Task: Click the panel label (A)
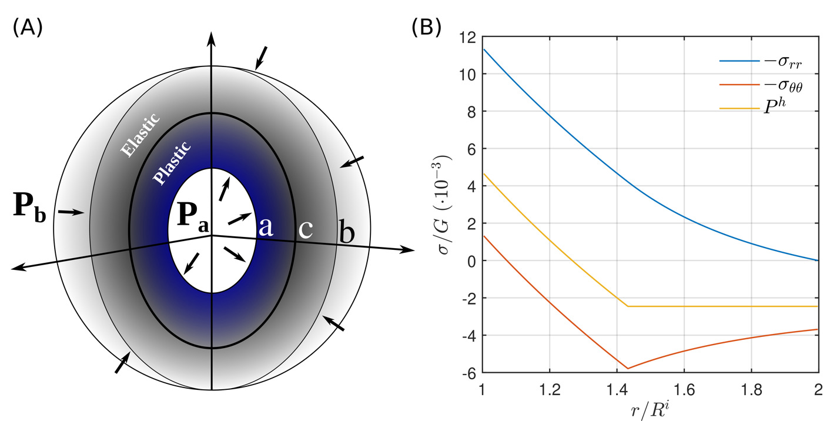(27, 28)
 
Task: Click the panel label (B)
(426, 28)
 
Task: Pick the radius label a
(266, 226)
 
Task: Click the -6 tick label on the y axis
(467, 373)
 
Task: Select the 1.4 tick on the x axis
(617, 390)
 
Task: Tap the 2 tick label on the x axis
(818, 390)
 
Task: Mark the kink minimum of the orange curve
(628, 369)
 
